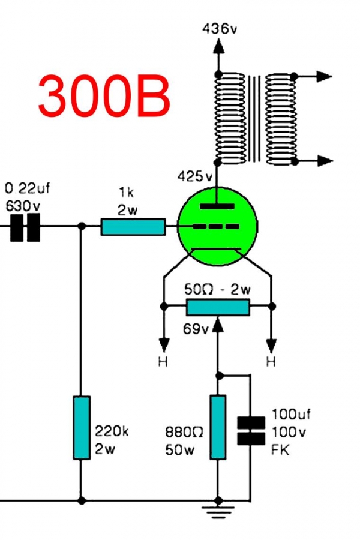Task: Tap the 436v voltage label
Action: click(x=220, y=28)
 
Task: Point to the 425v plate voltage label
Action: click(x=195, y=177)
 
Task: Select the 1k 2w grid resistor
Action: click(x=133, y=227)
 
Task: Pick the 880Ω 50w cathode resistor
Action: click(x=218, y=427)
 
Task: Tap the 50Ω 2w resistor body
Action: click(x=218, y=307)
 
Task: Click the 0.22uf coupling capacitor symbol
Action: click(x=25, y=227)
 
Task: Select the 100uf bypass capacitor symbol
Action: click(x=251, y=431)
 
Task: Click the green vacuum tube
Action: click(x=218, y=226)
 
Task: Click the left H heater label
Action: click(x=163, y=362)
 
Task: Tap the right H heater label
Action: click(x=271, y=362)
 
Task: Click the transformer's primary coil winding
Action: click(x=231, y=118)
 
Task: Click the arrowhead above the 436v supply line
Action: click(x=218, y=46)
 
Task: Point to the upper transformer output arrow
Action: click(x=323, y=76)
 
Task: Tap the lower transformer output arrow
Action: click(x=323, y=161)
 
